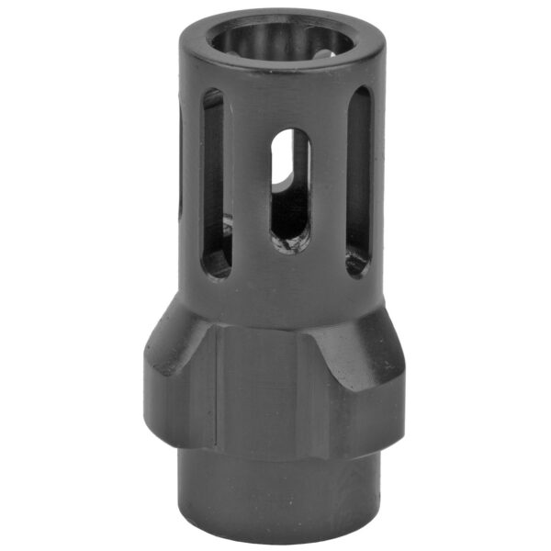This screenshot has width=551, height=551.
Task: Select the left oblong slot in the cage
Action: click(x=214, y=184)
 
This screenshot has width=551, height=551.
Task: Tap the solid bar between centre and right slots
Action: click(x=329, y=184)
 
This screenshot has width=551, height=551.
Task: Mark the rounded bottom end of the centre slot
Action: click(x=290, y=244)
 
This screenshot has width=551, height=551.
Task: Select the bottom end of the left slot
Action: click(x=216, y=266)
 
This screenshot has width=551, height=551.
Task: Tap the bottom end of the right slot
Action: click(x=357, y=264)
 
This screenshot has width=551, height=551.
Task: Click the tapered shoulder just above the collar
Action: click(x=275, y=308)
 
